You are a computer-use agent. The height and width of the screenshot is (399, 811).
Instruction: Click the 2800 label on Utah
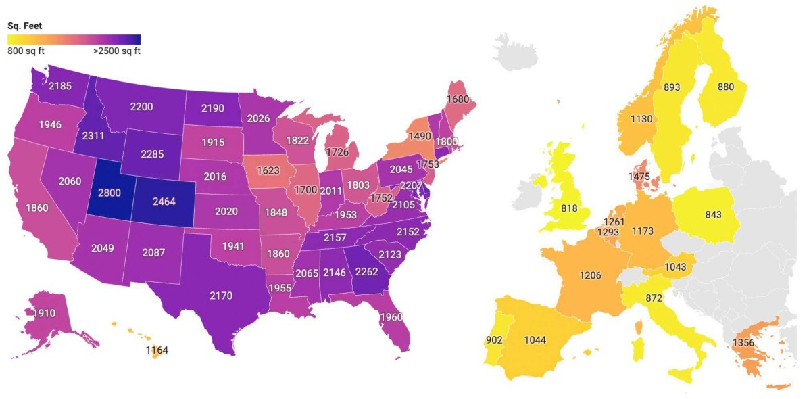pos(109,193)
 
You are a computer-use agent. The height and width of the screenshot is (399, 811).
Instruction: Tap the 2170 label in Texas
pos(221,295)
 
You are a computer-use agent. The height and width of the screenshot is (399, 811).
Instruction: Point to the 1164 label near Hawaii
pos(157,350)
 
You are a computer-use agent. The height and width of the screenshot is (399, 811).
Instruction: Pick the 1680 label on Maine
pos(458,99)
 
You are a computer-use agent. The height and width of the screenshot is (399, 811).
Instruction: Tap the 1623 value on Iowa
pos(268,171)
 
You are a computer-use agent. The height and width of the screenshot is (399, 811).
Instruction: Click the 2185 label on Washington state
pos(61,86)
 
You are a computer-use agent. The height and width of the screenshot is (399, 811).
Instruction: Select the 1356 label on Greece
pos(744,343)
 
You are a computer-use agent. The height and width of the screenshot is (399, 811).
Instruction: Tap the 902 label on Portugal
pos(495,339)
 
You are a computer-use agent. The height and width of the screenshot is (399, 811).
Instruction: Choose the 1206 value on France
pos(590,275)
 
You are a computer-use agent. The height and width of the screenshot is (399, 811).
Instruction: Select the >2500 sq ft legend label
pos(116,51)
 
